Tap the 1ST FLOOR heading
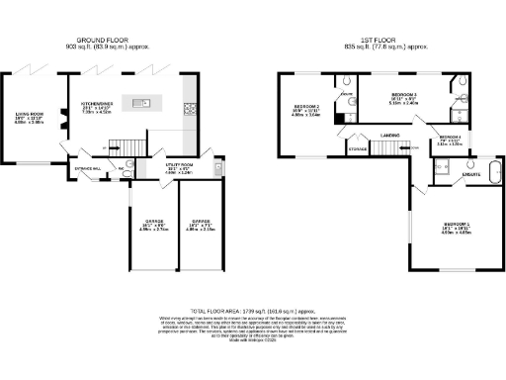[x=379, y=41]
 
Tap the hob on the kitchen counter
[x=189, y=109]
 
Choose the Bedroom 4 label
[x=451, y=140]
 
